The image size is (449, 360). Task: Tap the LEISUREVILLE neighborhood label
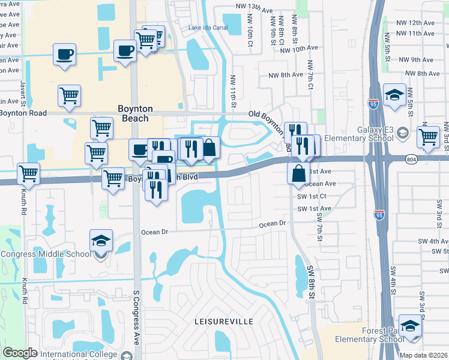(224, 322)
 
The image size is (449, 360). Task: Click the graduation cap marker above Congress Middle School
(101, 241)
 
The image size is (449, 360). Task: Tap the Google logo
(20, 353)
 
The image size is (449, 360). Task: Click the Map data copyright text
(424, 355)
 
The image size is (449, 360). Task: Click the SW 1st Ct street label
(312, 196)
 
